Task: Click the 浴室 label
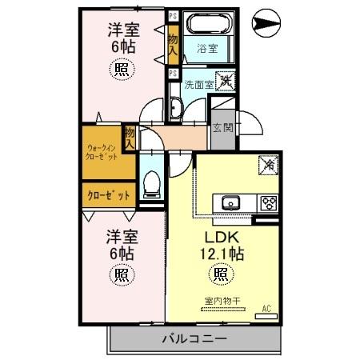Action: click(207, 49)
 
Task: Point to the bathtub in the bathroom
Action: click(207, 24)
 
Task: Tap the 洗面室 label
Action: click(196, 82)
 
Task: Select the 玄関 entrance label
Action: click(222, 126)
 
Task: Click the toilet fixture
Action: click(150, 186)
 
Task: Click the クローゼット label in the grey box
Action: click(102, 194)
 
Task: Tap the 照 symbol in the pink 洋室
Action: click(123, 69)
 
